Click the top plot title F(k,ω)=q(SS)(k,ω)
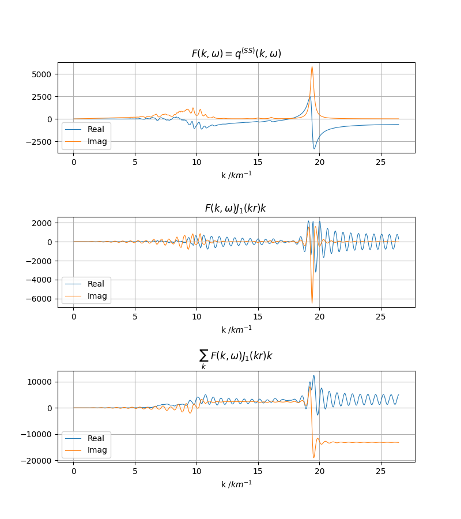point(236,54)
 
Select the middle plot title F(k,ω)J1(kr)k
point(236,208)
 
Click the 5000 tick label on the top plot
point(42,74)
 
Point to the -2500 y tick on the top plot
point(39,141)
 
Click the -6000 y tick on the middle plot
point(39,299)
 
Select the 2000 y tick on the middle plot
point(42,223)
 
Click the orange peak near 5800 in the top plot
point(312,67)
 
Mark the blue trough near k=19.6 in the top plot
point(314,149)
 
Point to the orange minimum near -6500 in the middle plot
point(312,303)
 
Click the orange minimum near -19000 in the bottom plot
point(314,457)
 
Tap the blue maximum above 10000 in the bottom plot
point(313,375)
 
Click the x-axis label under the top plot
point(236,175)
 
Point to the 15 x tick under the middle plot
point(258,315)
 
